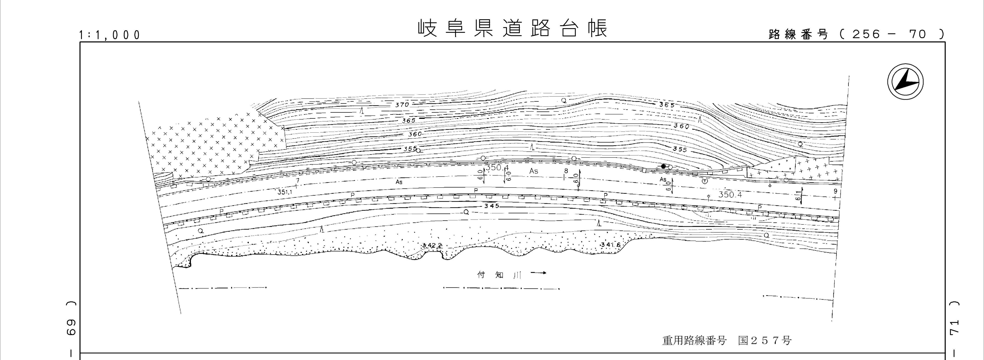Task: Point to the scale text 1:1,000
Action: (x=110, y=35)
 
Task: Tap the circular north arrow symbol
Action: (x=905, y=82)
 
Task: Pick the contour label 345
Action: (x=491, y=206)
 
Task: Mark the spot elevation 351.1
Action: (x=285, y=192)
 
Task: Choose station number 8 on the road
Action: (x=566, y=171)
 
